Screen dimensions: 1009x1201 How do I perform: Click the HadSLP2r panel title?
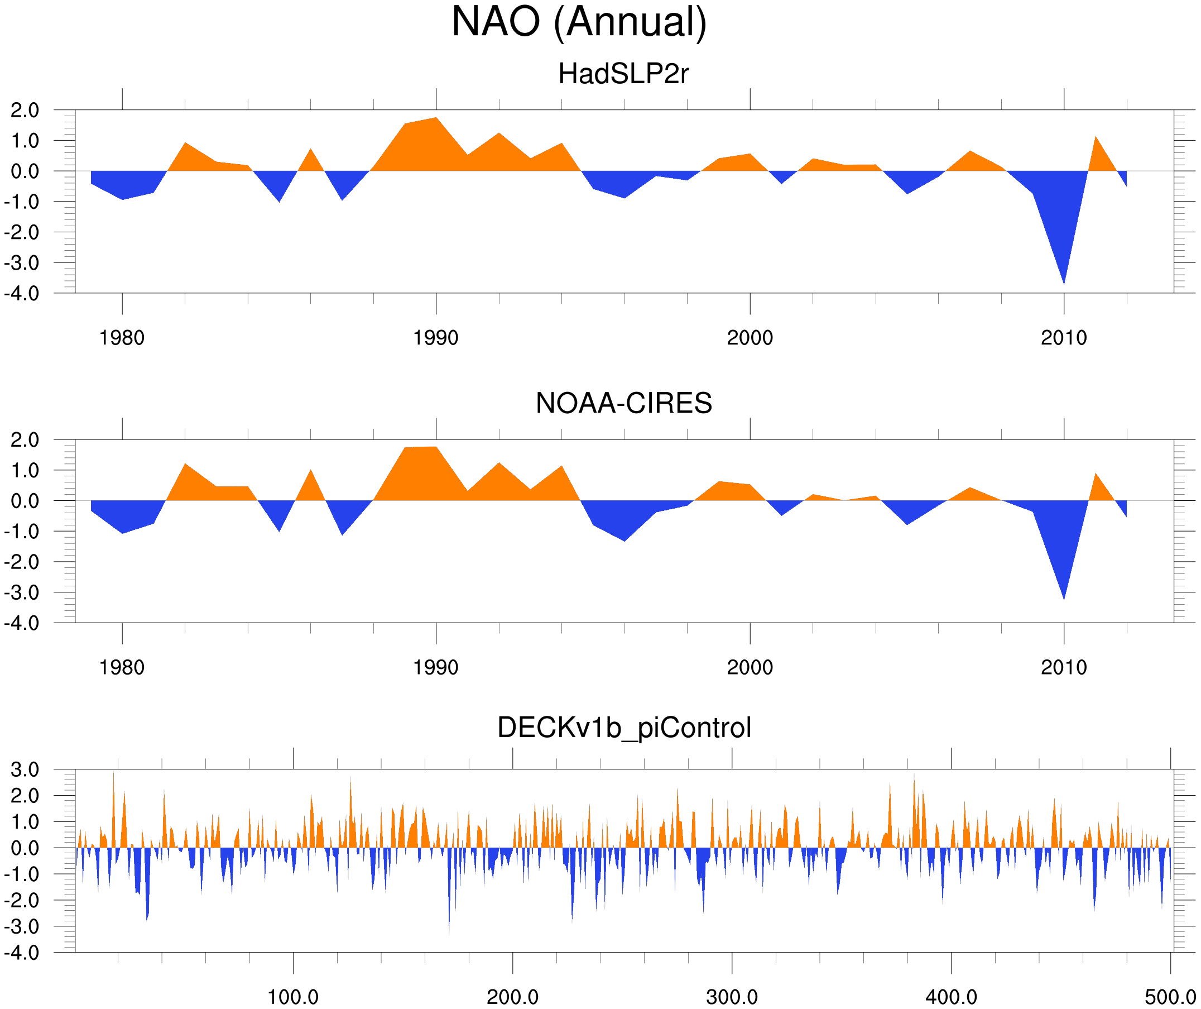(x=623, y=74)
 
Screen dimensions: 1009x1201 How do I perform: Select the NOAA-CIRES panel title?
(x=623, y=403)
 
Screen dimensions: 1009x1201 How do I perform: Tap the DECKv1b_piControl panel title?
(x=624, y=728)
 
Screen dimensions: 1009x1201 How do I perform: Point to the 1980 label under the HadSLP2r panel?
(x=122, y=338)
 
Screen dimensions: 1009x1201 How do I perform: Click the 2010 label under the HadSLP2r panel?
(x=1063, y=338)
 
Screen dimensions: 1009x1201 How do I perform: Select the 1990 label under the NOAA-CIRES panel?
(x=436, y=667)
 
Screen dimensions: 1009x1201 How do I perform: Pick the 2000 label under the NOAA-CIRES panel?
(x=750, y=667)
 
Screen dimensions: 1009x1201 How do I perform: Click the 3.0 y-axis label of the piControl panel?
(x=25, y=770)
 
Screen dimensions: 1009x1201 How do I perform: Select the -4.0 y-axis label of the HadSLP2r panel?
(x=21, y=294)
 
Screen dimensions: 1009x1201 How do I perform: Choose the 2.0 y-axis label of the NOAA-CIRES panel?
(x=25, y=440)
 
